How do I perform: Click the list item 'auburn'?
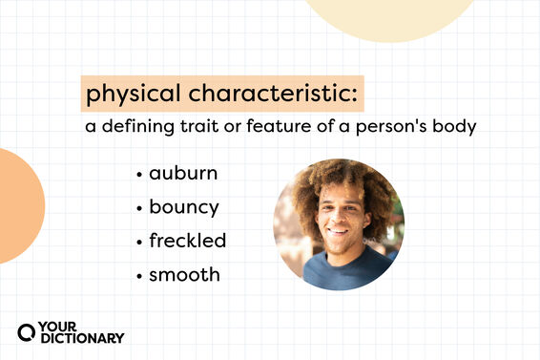(183, 174)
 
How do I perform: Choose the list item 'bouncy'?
(184, 207)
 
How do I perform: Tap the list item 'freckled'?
(187, 240)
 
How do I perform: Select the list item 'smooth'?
(184, 274)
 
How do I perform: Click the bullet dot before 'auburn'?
(139, 175)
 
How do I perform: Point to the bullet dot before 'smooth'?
(139, 275)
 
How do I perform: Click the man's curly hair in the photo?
(339, 177)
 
